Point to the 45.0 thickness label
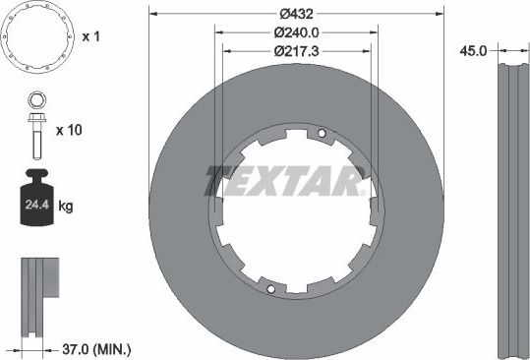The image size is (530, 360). point(475,51)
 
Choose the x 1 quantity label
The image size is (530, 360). point(91,36)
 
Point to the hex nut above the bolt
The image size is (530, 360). point(34,99)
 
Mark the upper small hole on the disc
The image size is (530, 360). point(321,135)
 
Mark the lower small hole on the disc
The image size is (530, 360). point(269,289)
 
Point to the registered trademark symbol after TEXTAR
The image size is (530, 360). point(362,193)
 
